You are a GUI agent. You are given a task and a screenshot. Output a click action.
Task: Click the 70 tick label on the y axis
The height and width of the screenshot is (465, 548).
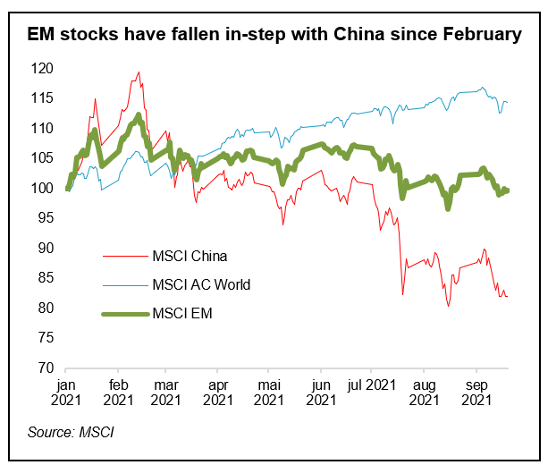[47, 368]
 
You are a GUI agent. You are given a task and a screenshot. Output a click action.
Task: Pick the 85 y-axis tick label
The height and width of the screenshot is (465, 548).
[47, 277]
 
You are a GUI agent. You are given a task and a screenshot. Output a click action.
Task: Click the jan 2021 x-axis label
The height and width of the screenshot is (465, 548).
[66, 390]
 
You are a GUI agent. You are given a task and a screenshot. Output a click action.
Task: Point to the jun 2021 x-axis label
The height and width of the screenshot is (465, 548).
[319, 390]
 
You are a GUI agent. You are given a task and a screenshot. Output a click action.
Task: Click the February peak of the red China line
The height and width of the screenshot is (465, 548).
[139, 72]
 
